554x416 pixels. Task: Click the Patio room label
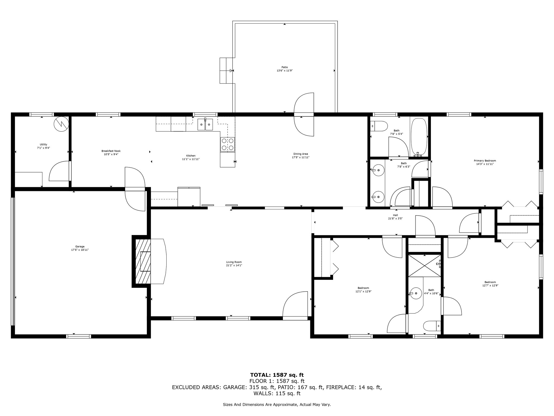285,67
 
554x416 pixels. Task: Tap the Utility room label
44,144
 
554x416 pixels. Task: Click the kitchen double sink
205,125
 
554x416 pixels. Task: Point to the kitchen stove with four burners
227,144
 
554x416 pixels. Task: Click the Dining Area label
300,154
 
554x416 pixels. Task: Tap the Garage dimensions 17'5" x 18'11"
80,250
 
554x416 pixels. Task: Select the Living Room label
234,262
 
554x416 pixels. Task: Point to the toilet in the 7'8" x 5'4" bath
379,126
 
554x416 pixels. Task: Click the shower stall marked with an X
424,266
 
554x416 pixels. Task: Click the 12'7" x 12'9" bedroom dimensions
490,285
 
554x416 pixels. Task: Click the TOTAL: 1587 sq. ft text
277,375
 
